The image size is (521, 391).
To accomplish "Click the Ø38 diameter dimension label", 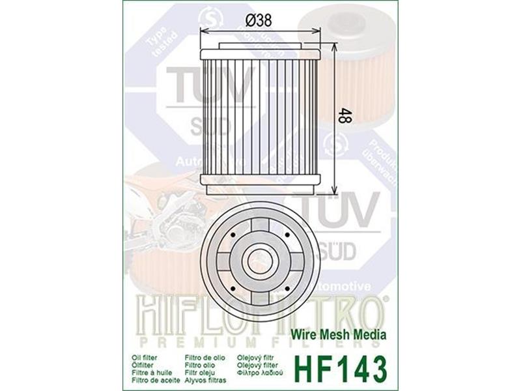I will (x=259, y=20).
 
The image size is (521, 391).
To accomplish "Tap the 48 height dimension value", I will (x=344, y=117).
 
